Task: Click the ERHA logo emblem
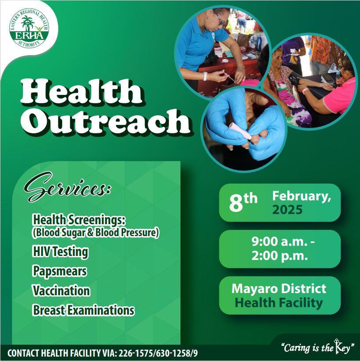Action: coord(29,28)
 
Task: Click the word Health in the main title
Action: coord(81,91)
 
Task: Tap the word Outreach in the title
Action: coord(105,121)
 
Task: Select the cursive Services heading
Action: coord(67,187)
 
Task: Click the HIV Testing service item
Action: coord(60,252)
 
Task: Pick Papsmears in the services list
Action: coord(60,271)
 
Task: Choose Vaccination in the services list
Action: coord(61,290)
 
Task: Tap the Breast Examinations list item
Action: coord(83,310)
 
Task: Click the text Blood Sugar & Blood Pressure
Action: coord(95,233)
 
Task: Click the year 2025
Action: coord(288,210)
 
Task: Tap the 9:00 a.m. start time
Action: coord(283,242)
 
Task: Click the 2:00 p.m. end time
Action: coord(279,256)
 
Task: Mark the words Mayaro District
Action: coord(279,289)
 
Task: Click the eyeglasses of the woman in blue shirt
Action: coord(220,19)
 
